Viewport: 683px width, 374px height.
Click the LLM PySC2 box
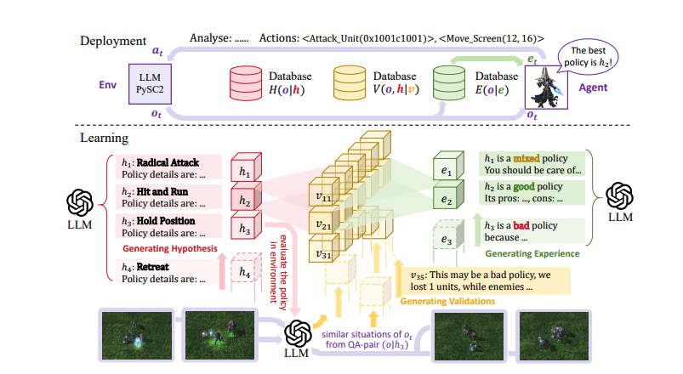151,82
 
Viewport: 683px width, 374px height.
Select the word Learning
104,137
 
